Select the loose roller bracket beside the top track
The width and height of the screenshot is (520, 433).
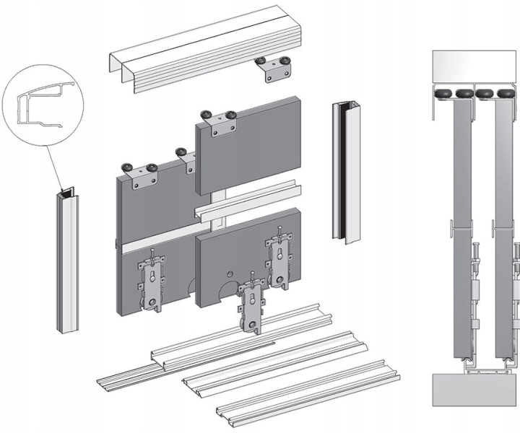pos(275,69)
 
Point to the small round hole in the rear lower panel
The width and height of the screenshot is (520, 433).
pos(230,274)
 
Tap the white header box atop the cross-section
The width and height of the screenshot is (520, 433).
pos(473,69)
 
